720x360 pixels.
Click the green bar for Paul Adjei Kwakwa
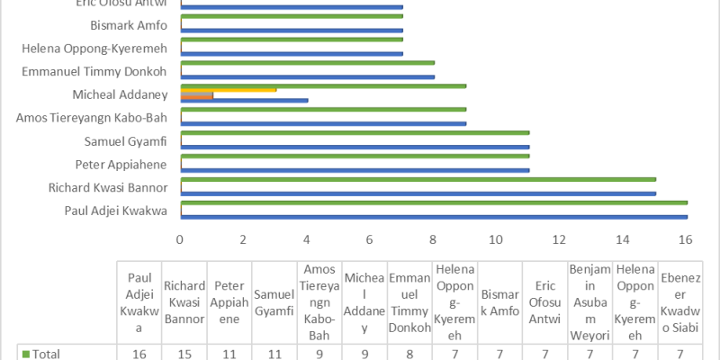point(434,202)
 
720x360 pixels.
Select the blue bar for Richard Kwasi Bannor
point(418,193)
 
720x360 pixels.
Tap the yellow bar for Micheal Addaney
point(229,89)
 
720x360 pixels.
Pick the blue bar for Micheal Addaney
point(245,100)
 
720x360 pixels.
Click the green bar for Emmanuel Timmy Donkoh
point(308,62)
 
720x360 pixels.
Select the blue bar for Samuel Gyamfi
point(355,146)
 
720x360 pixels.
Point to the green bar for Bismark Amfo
point(292,15)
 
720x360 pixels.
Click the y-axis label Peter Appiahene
point(131,164)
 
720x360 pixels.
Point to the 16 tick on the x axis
point(685,239)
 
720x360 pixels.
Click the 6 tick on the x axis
point(370,239)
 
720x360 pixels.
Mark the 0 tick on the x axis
point(181,239)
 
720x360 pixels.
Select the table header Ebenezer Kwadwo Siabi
point(679,302)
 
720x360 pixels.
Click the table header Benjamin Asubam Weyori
point(589,302)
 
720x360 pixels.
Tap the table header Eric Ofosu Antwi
point(544,302)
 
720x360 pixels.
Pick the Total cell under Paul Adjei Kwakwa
point(139,354)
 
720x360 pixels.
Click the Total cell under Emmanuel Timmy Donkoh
point(409,354)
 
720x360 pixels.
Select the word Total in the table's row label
point(48,354)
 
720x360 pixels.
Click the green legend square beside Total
point(25,354)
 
